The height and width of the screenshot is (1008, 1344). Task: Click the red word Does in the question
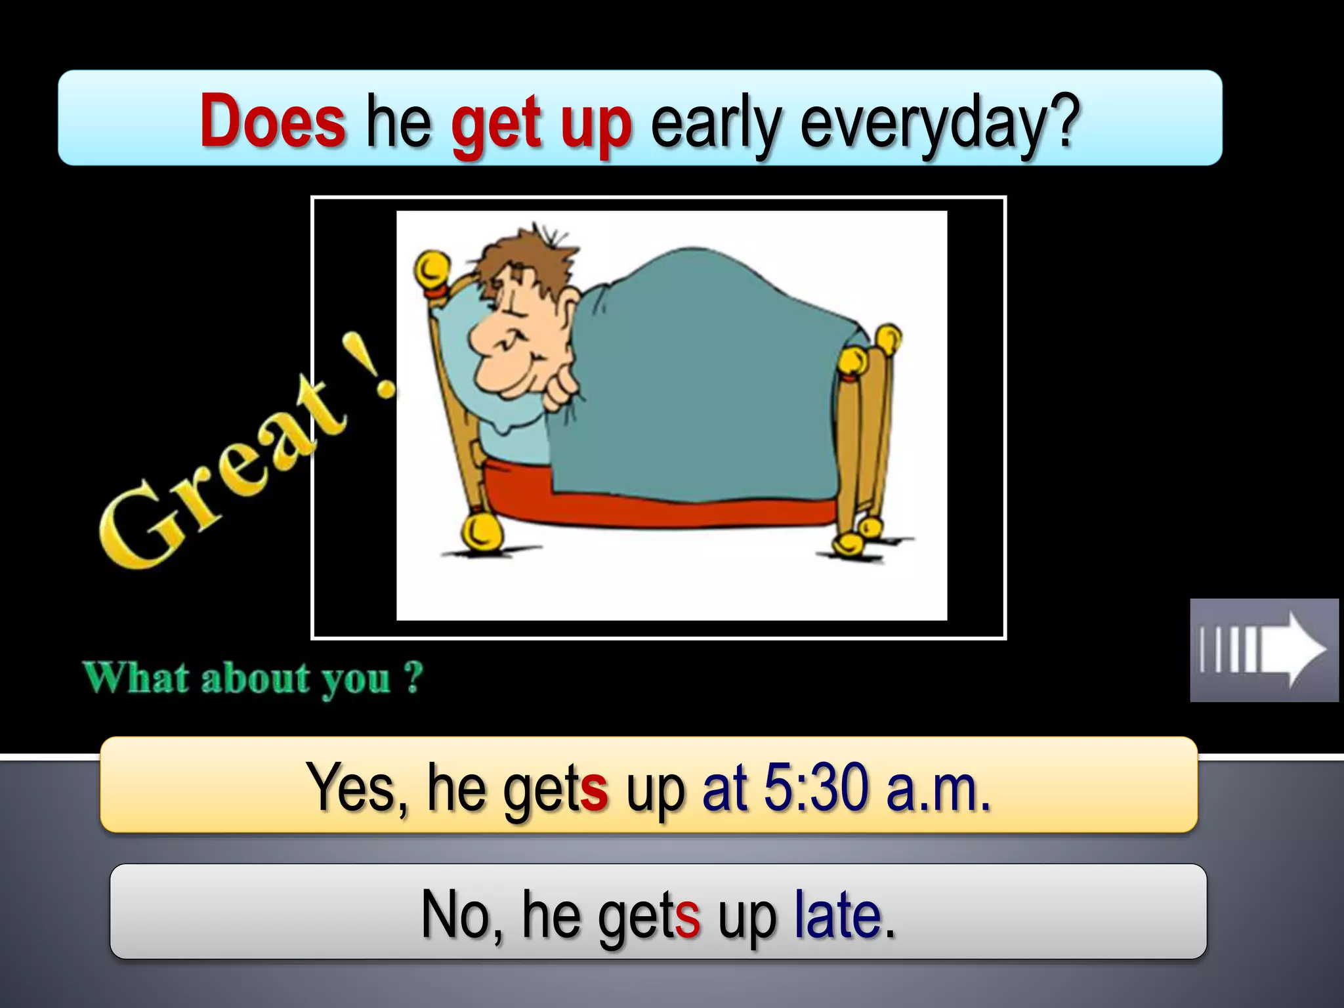pyautogui.click(x=272, y=120)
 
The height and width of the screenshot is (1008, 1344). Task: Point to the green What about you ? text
pyautogui.click(x=253, y=678)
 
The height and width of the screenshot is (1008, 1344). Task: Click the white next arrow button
pyautogui.click(x=1264, y=650)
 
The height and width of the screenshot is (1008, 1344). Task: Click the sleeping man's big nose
pyautogui.click(x=484, y=335)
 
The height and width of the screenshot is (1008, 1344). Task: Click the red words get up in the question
pyautogui.click(x=541, y=123)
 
